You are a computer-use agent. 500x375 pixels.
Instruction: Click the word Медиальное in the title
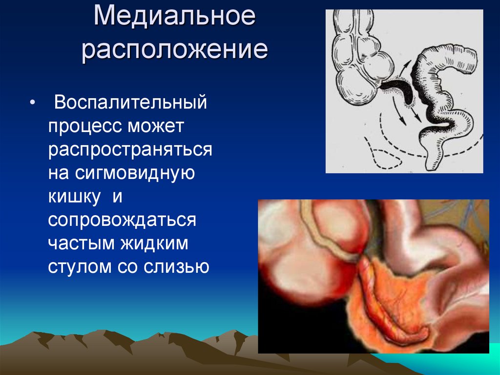[174, 16]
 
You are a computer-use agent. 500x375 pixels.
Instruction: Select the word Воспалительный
[130, 103]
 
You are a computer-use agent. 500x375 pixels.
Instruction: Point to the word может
[156, 126]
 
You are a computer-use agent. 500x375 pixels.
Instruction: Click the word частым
[82, 244]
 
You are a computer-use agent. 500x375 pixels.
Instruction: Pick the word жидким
[154, 243]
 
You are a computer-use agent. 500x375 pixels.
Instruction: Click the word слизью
[176, 267]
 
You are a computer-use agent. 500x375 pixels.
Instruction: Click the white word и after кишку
[117, 197]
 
